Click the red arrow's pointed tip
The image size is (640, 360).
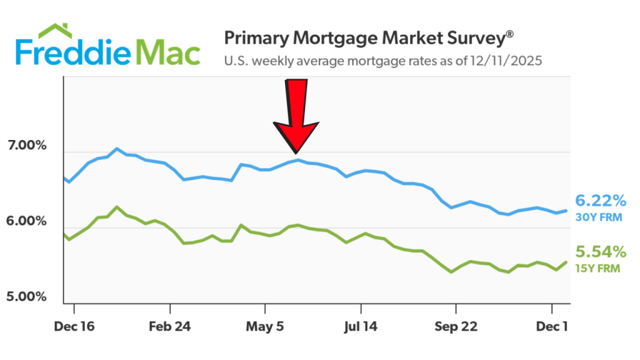(296, 152)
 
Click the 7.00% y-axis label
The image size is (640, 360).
(27, 146)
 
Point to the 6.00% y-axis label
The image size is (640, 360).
(27, 222)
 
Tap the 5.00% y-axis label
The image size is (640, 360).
(27, 297)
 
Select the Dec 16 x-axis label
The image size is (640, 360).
(74, 326)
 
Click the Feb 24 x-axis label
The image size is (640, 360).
(170, 326)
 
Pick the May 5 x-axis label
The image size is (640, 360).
(265, 326)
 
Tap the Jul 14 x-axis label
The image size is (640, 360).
(361, 326)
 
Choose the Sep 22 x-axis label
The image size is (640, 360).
(456, 326)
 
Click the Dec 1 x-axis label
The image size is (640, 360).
(552, 326)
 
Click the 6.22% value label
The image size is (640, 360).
(600, 201)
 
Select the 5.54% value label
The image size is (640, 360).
(600, 252)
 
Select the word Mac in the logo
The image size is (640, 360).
(166, 53)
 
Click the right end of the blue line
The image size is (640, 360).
(566, 211)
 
